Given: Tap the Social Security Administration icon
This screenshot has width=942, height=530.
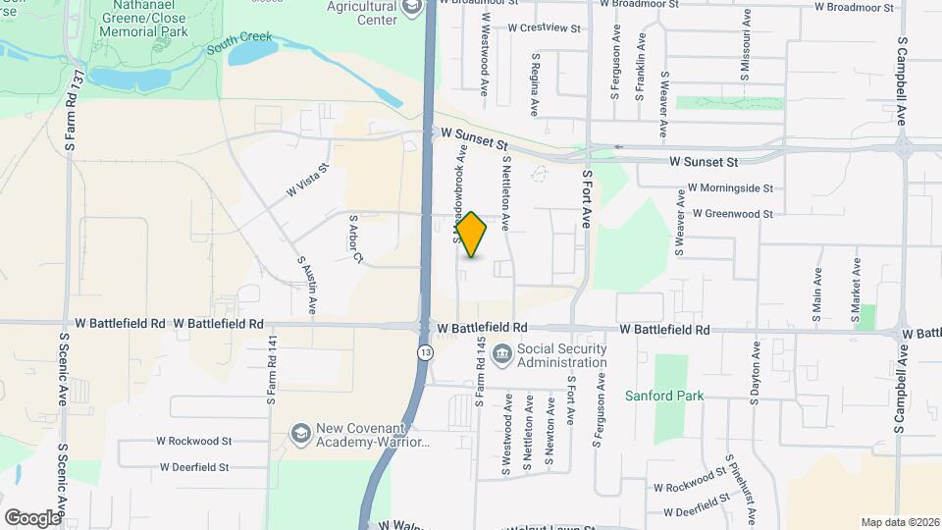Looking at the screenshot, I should coord(501,353).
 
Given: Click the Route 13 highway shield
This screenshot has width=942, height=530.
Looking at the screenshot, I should coord(424,350).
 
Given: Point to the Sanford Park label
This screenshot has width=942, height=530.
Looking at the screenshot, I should coord(664,397).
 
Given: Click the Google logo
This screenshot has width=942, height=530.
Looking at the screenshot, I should coord(32,517).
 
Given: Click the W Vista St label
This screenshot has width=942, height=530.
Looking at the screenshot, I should coord(306,183).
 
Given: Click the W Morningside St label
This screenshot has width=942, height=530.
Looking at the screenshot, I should coord(730,187).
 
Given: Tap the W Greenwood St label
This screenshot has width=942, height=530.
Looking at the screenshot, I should coord(732,213).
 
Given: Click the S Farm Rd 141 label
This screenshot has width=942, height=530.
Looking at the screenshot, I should coord(272,372).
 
